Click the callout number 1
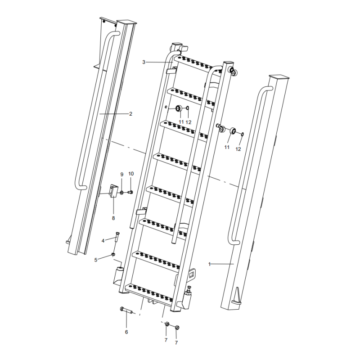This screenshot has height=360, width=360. click(209, 264)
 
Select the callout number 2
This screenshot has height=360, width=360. click(130, 114)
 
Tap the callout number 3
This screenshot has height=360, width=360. click(144, 62)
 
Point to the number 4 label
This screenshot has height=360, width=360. click(103, 241)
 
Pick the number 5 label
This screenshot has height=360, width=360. click(96, 260)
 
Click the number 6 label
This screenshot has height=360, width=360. click(126, 332)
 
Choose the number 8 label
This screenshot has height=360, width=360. click(113, 218)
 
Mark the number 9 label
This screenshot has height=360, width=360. click(121, 174)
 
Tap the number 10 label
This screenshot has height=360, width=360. click(131, 174)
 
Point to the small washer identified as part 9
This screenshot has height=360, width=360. click(122, 193)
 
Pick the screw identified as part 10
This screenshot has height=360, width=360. click(130, 192)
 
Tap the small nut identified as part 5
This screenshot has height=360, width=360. click(113, 255)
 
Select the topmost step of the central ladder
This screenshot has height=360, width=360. click(198, 63)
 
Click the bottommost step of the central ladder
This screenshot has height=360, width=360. click(151, 292)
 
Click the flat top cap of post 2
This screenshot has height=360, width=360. click(126, 22)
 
